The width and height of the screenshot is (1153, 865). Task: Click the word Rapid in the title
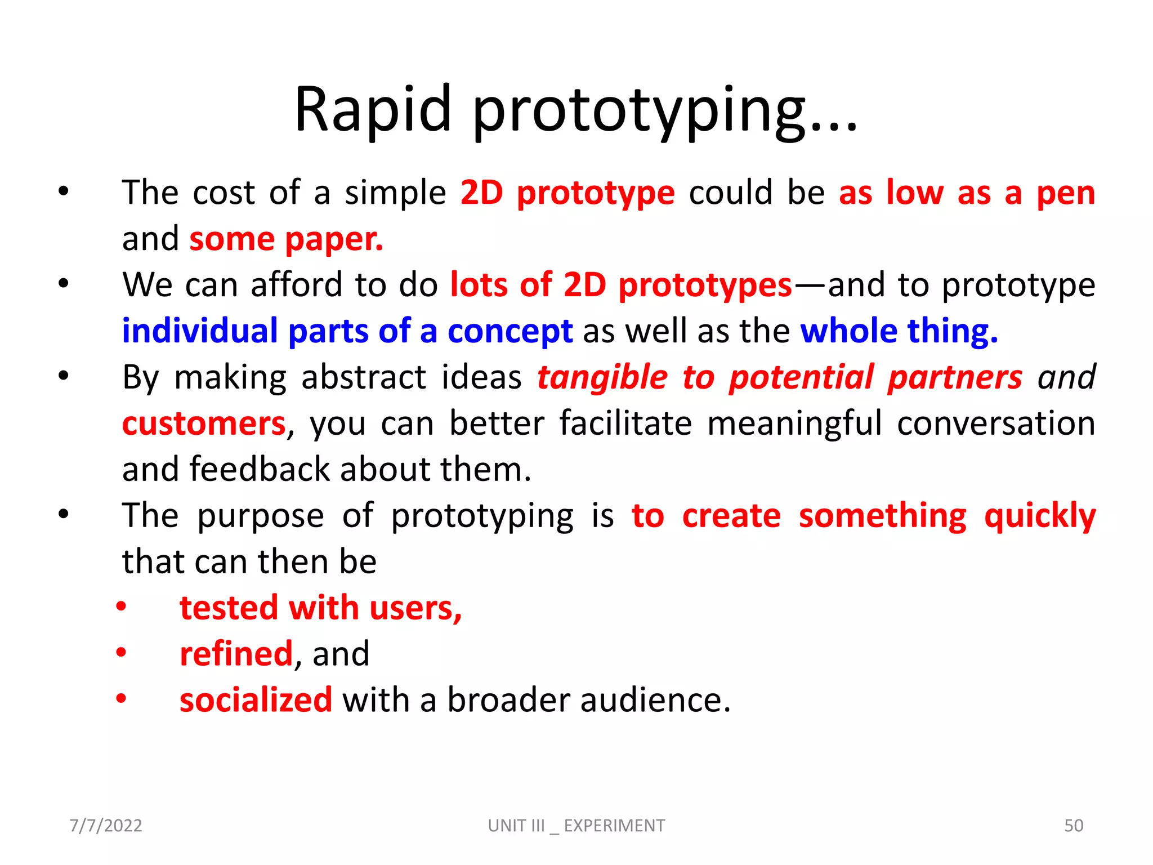[373, 110]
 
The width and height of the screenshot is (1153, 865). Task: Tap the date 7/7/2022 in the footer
[106, 826]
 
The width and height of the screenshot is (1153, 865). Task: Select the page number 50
[1073, 826]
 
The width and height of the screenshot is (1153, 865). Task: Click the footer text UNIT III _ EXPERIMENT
[576, 826]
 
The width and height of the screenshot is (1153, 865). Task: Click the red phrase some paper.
[286, 239]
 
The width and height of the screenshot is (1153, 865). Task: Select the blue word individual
[200, 331]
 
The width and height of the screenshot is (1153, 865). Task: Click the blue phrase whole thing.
[899, 331]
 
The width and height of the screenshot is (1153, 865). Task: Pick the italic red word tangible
[602, 377]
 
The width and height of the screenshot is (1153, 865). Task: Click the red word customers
[204, 423]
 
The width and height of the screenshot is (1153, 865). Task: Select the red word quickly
[1039, 516]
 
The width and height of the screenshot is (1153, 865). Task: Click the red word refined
[236, 654]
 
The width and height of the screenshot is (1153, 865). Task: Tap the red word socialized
[256, 700]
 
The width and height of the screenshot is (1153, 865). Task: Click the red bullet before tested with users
[121, 607]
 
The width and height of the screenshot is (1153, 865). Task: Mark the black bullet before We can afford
[63, 283]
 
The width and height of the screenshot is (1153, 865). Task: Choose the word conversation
[995, 423]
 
